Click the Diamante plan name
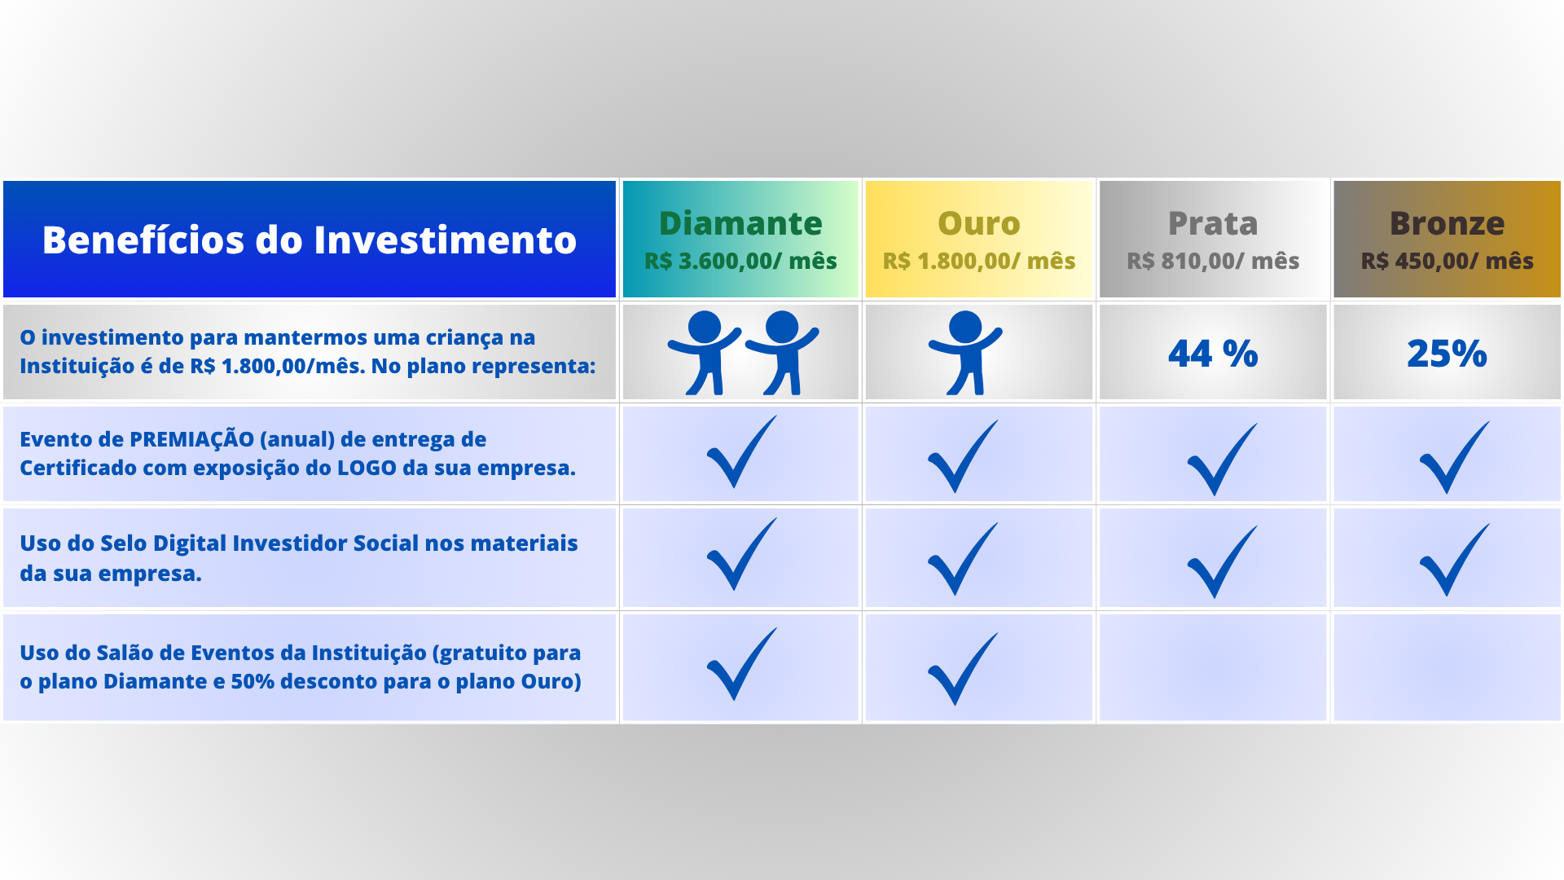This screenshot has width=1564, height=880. (740, 223)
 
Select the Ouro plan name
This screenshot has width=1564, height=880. (979, 223)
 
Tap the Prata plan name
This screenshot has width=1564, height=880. (1213, 223)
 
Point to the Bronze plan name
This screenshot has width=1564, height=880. (1448, 223)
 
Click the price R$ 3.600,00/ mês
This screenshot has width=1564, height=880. (740, 261)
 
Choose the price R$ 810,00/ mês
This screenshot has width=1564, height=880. (1213, 261)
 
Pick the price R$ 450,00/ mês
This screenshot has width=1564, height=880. (1448, 261)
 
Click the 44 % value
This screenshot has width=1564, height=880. (1213, 354)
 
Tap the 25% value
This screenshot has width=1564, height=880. (1448, 354)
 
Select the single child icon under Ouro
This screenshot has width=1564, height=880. (966, 352)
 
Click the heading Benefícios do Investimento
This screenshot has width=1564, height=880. (310, 240)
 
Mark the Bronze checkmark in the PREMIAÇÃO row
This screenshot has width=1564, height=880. (1454, 457)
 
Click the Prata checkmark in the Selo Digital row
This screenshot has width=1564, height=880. (1222, 561)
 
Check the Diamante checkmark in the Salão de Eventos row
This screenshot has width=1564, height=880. (741, 664)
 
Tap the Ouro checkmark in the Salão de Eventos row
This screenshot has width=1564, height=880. (962, 669)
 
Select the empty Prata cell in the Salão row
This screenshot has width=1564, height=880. (1213, 667)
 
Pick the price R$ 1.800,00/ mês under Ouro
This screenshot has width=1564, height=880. (979, 261)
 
